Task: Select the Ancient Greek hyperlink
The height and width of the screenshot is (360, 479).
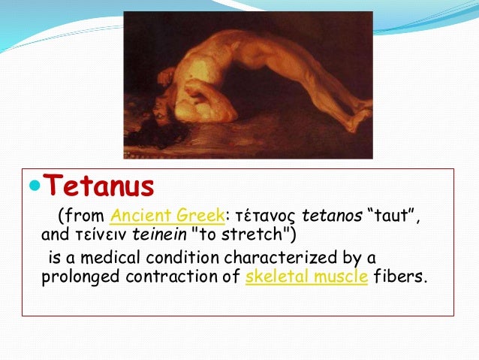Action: click(167, 216)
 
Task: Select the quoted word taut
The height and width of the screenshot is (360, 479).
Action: click(384, 216)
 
